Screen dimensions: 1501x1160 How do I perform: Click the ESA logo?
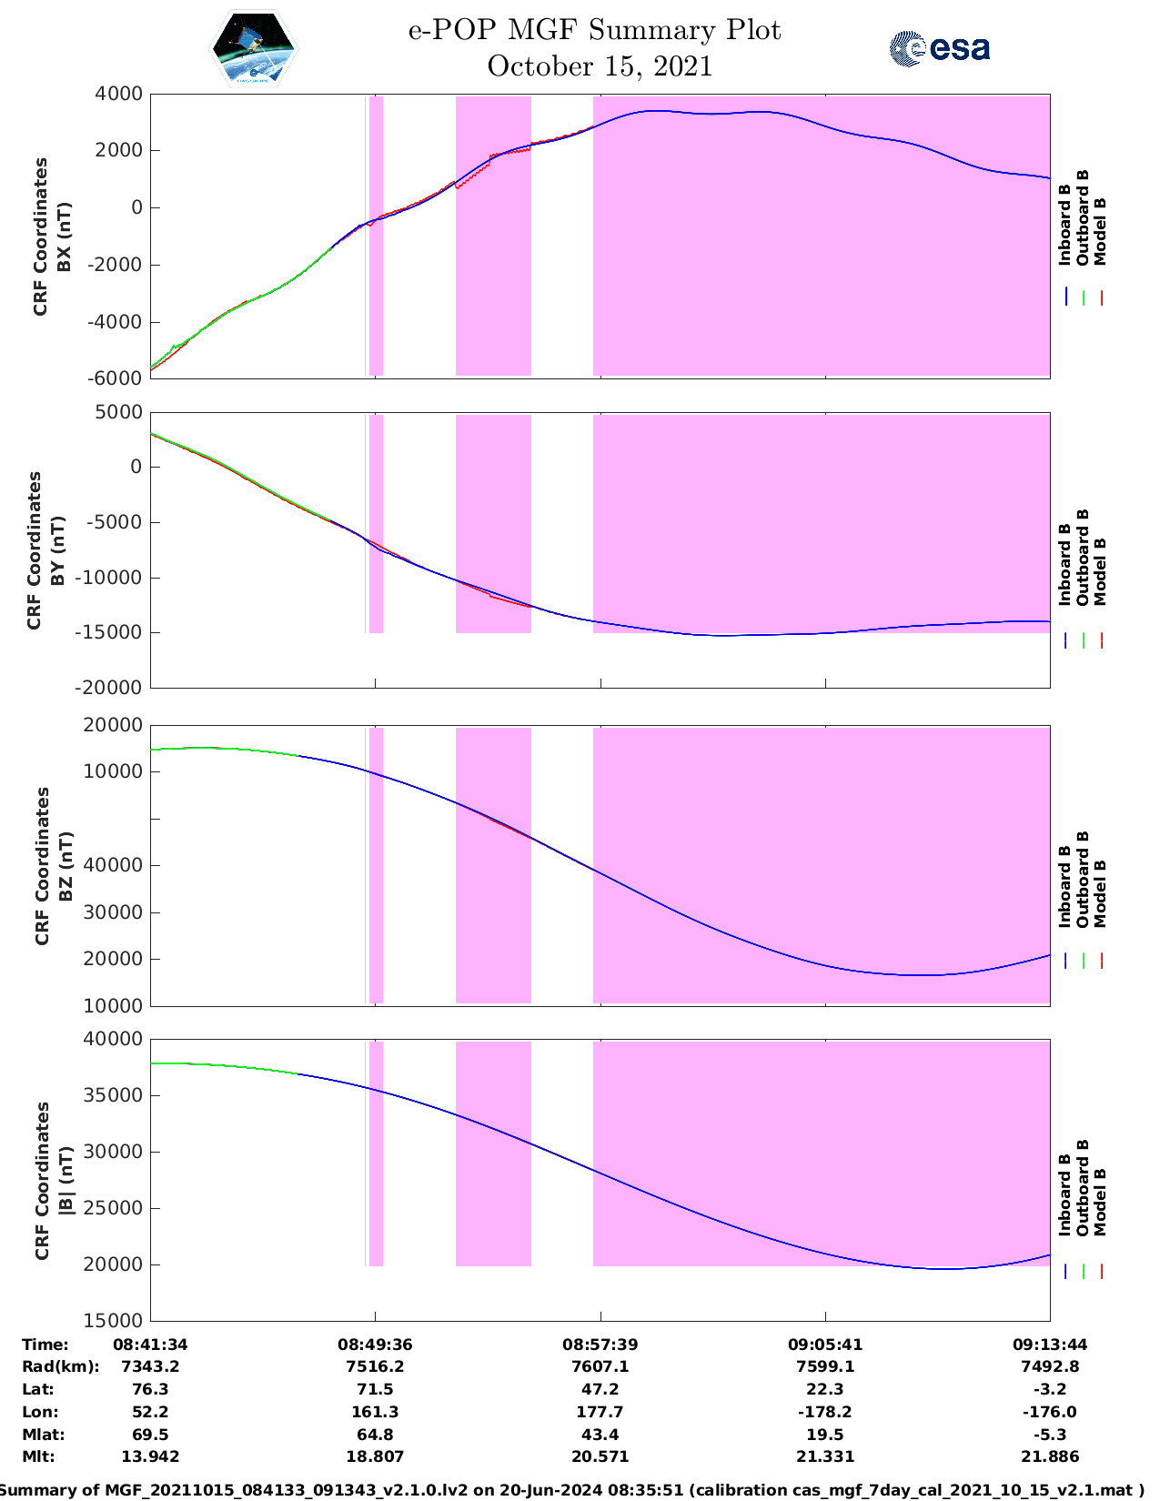click(939, 48)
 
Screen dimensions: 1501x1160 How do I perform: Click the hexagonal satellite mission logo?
click(254, 49)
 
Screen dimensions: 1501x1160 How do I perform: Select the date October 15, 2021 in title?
click(600, 66)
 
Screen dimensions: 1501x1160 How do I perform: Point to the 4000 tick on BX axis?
click(119, 94)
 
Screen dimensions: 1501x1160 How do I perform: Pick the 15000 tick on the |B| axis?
click(119, 1321)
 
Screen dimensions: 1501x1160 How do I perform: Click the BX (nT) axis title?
click(65, 237)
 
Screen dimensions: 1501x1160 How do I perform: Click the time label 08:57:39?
click(600, 1345)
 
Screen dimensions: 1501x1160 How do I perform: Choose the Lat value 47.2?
click(600, 1389)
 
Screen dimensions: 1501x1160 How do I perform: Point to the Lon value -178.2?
click(825, 1412)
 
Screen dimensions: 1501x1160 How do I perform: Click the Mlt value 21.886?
click(1050, 1456)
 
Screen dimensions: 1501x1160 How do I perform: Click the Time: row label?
click(45, 1345)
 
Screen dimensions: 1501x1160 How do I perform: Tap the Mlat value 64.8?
click(375, 1435)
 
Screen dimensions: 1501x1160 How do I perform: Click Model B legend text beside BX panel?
click(1100, 231)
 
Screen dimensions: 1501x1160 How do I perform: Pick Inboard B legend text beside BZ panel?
click(1065, 886)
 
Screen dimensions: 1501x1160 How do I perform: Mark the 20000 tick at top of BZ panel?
click(119, 725)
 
